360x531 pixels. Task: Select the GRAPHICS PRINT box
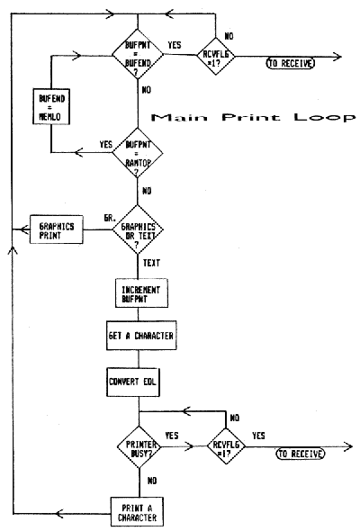pos(56,229)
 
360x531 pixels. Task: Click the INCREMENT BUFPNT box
pos(138,293)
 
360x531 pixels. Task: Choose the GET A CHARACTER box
pos(138,336)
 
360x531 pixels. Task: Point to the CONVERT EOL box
pos(138,379)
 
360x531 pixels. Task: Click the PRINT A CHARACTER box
pos(138,512)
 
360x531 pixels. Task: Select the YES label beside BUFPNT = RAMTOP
pos(104,143)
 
